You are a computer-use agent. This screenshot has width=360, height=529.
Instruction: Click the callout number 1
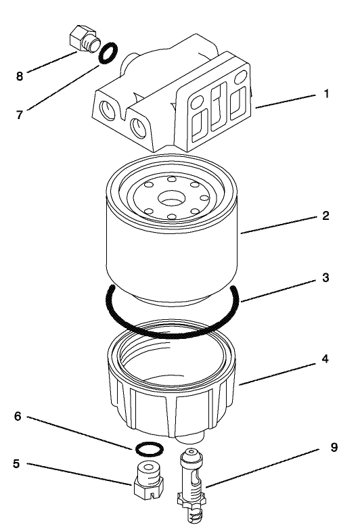click(x=327, y=94)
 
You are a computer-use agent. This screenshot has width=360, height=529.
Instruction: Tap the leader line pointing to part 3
click(x=277, y=288)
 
